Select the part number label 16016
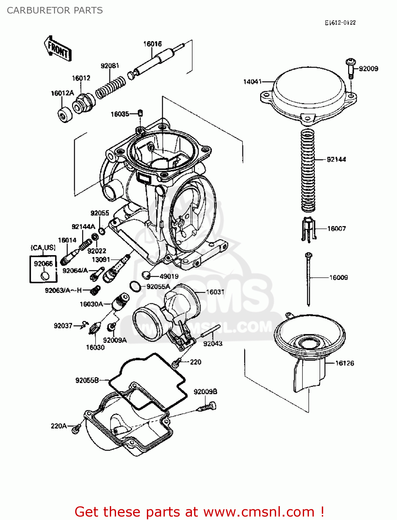(x=152, y=44)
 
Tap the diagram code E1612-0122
(x=340, y=23)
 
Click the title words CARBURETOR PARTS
(x=55, y=10)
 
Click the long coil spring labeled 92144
(x=308, y=170)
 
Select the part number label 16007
(x=336, y=228)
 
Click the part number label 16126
(x=345, y=363)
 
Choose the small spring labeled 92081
(x=111, y=87)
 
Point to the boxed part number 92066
(x=43, y=264)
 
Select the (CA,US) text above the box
(x=43, y=248)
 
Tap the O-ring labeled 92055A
(x=135, y=286)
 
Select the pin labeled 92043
(x=211, y=331)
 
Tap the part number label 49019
(x=169, y=276)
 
